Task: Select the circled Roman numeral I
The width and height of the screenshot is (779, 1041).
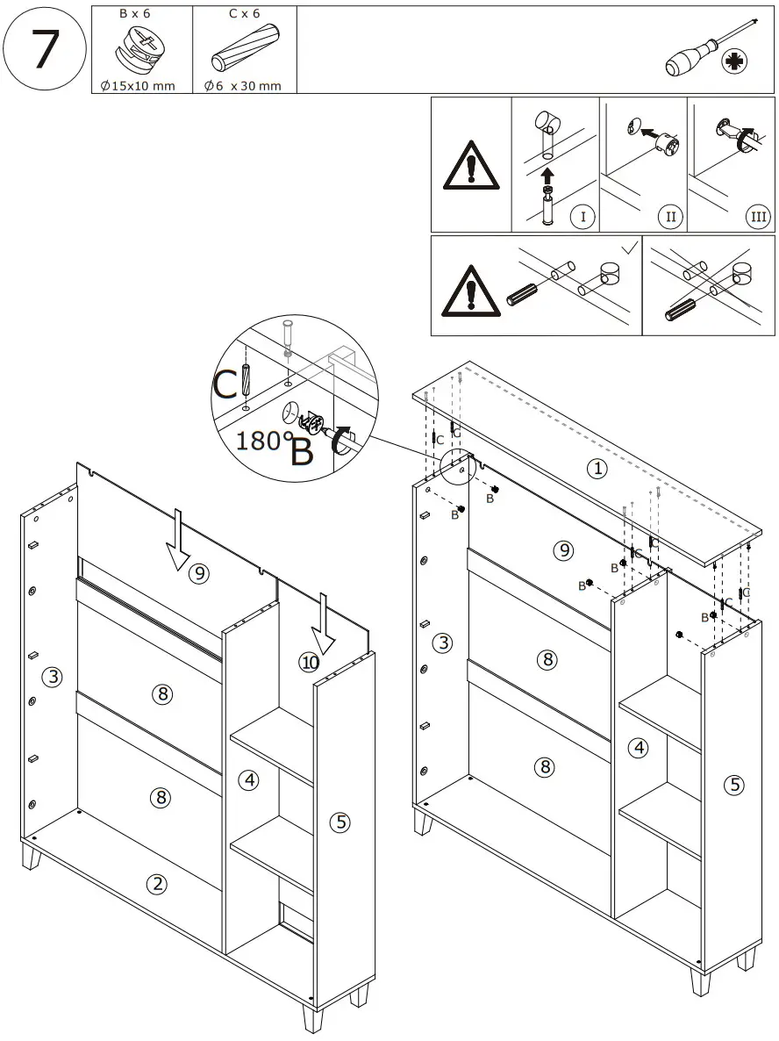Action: click(x=582, y=216)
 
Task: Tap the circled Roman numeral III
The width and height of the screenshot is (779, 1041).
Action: click(x=757, y=216)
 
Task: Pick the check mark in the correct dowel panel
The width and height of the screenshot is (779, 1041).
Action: click(x=628, y=249)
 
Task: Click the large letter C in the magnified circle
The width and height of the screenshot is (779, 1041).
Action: click(x=225, y=384)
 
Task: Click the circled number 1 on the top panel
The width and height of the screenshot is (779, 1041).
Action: click(x=597, y=469)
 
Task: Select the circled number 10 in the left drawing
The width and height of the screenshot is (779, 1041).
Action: click(x=309, y=663)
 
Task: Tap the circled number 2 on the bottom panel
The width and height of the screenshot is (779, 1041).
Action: click(x=157, y=884)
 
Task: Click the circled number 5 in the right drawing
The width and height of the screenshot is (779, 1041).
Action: click(x=735, y=785)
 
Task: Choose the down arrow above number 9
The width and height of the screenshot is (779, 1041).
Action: click(x=178, y=543)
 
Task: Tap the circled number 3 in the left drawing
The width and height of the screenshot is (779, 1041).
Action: click(x=54, y=677)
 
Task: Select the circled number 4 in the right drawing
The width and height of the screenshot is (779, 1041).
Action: click(x=639, y=748)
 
